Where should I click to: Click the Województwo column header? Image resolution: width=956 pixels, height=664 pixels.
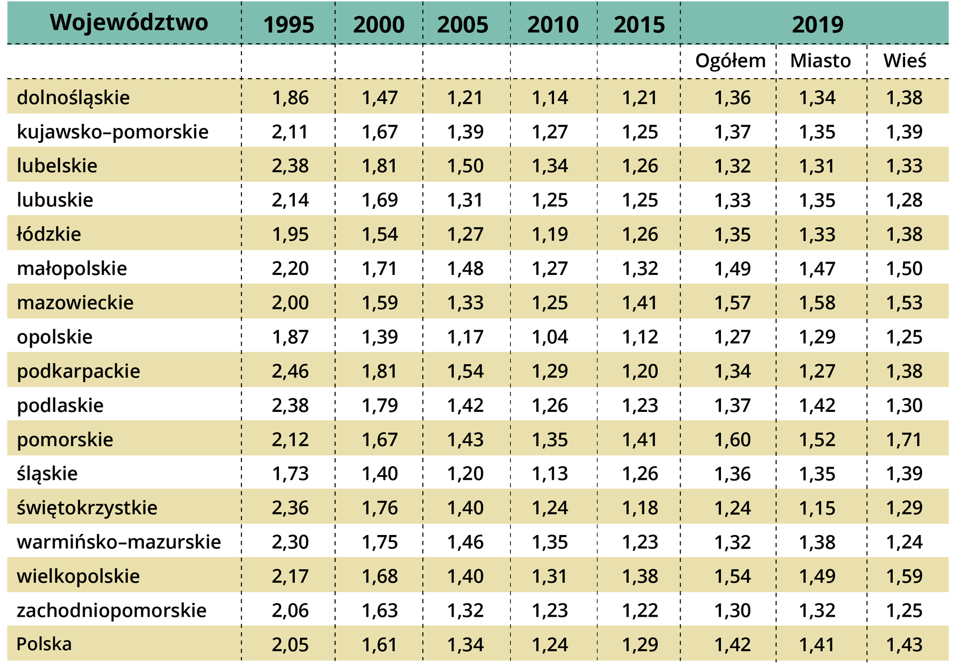[x=129, y=23]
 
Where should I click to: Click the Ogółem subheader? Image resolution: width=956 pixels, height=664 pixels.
[x=730, y=61]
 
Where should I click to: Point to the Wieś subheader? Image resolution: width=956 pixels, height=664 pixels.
[x=904, y=61]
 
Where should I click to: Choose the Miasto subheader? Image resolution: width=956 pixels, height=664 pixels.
[x=820, y=61]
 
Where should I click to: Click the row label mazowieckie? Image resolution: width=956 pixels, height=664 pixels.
[x=75, y=302]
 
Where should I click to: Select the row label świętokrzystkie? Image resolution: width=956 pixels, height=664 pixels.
[x=87, y=508]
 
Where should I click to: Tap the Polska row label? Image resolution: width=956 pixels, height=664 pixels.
[x=44, y=644]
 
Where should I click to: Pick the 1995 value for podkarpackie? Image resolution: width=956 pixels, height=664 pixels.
[x=290, y=371]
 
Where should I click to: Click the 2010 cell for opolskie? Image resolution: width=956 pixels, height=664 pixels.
[x=550, y=337]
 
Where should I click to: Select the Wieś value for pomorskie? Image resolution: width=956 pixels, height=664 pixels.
[x=904, y=439]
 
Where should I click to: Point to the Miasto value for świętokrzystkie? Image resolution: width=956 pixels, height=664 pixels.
[x=817, y=508]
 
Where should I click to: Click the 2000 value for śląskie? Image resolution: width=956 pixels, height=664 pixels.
[x=379, y=473]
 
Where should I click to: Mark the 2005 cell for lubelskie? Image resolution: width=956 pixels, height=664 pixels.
[x=465, y=166]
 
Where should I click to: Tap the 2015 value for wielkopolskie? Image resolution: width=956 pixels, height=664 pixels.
[x=640, y=576]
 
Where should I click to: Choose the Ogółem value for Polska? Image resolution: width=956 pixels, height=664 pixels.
[x=732, y=645]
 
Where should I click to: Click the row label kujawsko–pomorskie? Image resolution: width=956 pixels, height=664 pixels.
[x=113, y=132]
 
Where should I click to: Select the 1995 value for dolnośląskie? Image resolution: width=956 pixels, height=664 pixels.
[x=290, y=98]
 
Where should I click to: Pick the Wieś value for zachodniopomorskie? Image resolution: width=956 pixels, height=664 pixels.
[x=904, y=610]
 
